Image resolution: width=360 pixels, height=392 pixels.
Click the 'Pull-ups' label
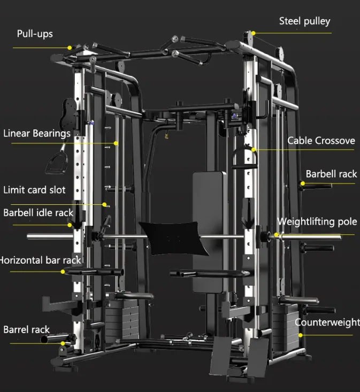(35, 34)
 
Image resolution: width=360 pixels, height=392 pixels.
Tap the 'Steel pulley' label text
(304, 21)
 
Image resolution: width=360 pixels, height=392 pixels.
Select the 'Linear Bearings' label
(37, 133)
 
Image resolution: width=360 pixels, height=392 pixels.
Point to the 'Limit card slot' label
(34, 190)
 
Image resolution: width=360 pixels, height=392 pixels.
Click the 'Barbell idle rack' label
(38, 212)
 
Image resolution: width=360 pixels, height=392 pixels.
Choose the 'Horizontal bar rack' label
(41, 260)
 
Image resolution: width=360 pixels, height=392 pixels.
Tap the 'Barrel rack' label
(26, 329)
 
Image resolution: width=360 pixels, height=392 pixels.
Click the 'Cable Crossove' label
(321, 141)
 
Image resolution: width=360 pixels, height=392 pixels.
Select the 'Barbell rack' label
(331, 174)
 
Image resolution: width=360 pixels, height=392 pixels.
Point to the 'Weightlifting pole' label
(317, 222)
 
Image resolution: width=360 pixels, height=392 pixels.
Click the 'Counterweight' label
(327, 322)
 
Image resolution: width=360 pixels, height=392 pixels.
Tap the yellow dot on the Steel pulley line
(253, 33)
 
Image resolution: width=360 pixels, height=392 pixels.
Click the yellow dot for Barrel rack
(63, 343)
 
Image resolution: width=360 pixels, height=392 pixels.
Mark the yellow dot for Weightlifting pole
(277, 234)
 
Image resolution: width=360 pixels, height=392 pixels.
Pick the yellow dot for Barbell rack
(302, 183)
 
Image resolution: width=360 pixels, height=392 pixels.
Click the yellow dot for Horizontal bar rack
(63, 272)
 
